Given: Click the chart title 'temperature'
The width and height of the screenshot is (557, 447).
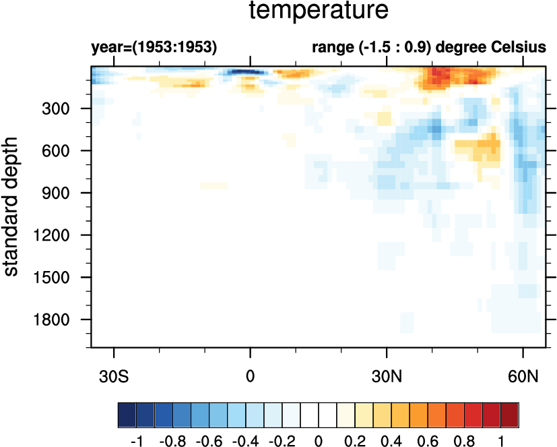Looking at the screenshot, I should pyautogui.click(x=319, y=11).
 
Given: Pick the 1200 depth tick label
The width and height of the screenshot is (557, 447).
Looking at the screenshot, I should pyautogui.click(x=61, y=235).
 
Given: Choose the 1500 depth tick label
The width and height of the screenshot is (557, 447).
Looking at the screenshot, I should pyautogui.click(x=61, y=277).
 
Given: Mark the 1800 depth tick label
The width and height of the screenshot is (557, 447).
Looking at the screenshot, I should pyautogui.click(x=61, y=320).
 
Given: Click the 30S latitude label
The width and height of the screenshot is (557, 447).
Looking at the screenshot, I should pyautogui.click(x=114, y=374).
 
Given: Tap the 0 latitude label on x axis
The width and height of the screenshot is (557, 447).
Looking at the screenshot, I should pyautogui.click(x=251, y=374).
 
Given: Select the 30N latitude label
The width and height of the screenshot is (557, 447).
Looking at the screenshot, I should pyautogui.click(x=387, y=374).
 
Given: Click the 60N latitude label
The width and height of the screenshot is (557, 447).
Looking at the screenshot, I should pyautogui.click(x=523, y=374).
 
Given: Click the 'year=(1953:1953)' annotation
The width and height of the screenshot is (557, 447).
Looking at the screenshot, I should pyautogui.click(x=154, y=48).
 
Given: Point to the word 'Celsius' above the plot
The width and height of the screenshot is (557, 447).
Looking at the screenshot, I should pyautogui.click(x=519, y=48).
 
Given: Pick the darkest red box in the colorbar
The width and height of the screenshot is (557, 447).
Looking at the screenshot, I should pyautogui.click(x=511, y=413).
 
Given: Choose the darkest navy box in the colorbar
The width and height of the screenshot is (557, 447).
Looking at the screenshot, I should pyautogui.click(x=127, y=413).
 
